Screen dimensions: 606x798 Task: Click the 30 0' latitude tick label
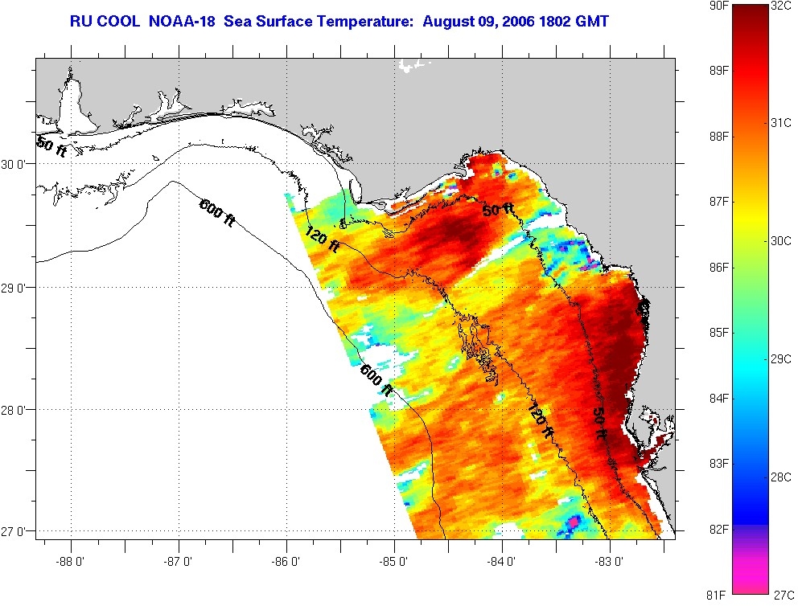17,164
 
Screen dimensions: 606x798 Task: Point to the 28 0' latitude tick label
17,410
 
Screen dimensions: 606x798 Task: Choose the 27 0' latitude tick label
17,532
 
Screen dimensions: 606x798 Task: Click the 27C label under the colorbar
782,596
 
